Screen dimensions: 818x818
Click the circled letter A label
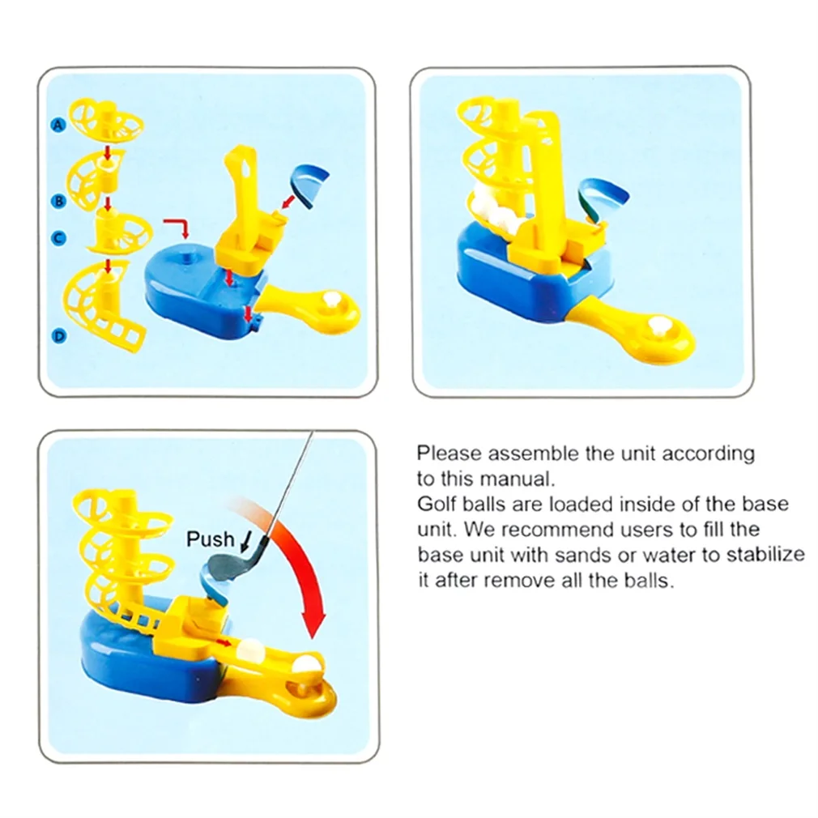click(x=58, y=125)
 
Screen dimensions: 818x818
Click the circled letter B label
click(x=59, y=202)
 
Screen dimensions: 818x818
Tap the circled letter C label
click(x=58, y=238)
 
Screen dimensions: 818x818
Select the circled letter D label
click(x=59, y=336)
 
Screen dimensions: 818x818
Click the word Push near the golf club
click(x=211, y=539)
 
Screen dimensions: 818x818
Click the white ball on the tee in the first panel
click(x=330, y=300)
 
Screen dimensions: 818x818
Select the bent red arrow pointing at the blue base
click(x=177, y=228)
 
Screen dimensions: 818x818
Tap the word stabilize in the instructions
click(x=765, y=554)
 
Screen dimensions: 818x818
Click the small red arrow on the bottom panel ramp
click(x=224, y=642)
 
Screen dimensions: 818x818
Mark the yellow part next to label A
click(x=106, y=121)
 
